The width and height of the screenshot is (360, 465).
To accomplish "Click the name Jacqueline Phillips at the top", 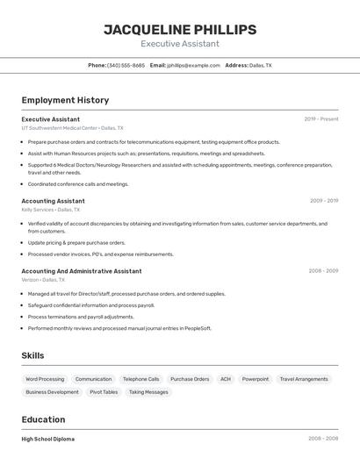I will [x=180, y=30].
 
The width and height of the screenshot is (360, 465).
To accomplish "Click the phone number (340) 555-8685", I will [x=126, y=65].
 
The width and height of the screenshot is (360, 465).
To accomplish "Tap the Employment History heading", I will [x=65, y=100].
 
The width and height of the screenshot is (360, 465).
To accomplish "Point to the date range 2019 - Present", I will [x=321, y=118].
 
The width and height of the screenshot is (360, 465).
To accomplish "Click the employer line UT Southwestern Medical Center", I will [x=73, y=128].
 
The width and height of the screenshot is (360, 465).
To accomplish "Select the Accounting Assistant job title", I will [x=53, y=201].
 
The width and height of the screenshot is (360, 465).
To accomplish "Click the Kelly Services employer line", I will [x=50, y=211].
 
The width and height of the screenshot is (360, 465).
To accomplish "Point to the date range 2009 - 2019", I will [x=323, y=201].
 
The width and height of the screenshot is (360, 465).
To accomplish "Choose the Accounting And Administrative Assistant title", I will [x=81, y=271].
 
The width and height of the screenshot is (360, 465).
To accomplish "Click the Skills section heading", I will [x=33, y=355].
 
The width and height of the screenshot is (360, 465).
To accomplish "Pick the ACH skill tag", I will [x=226, y=379].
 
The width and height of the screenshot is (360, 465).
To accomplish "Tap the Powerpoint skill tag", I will [x=256, y=379].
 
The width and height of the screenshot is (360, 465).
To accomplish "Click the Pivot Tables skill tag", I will [x=104, y=392].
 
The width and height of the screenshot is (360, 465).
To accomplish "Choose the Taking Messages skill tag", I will [x=148, y=392].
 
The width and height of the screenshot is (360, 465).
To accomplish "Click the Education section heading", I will [x=43, y=419].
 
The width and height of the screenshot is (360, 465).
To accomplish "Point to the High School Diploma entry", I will [x=48, y=439].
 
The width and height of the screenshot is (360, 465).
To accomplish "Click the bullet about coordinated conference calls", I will [x=78, y=184].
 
